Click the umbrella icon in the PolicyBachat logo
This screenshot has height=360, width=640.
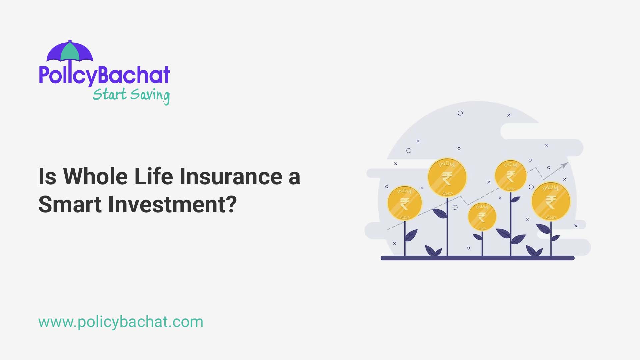[70, 52]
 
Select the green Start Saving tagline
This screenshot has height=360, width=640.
[131, 95]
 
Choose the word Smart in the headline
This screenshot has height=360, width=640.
[70, 204]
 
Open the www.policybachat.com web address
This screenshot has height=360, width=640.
[121, 322]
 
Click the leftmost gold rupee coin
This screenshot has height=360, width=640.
[405, 203]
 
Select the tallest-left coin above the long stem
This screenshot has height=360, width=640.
[447, 177]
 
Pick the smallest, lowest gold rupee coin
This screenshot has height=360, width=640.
[482, 217]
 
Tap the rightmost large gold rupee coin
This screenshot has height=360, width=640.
[551, 201]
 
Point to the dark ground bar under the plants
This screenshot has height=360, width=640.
[477, 258]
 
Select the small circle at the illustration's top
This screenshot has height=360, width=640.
[460, 113]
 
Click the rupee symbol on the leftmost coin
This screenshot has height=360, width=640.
[405, 204]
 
